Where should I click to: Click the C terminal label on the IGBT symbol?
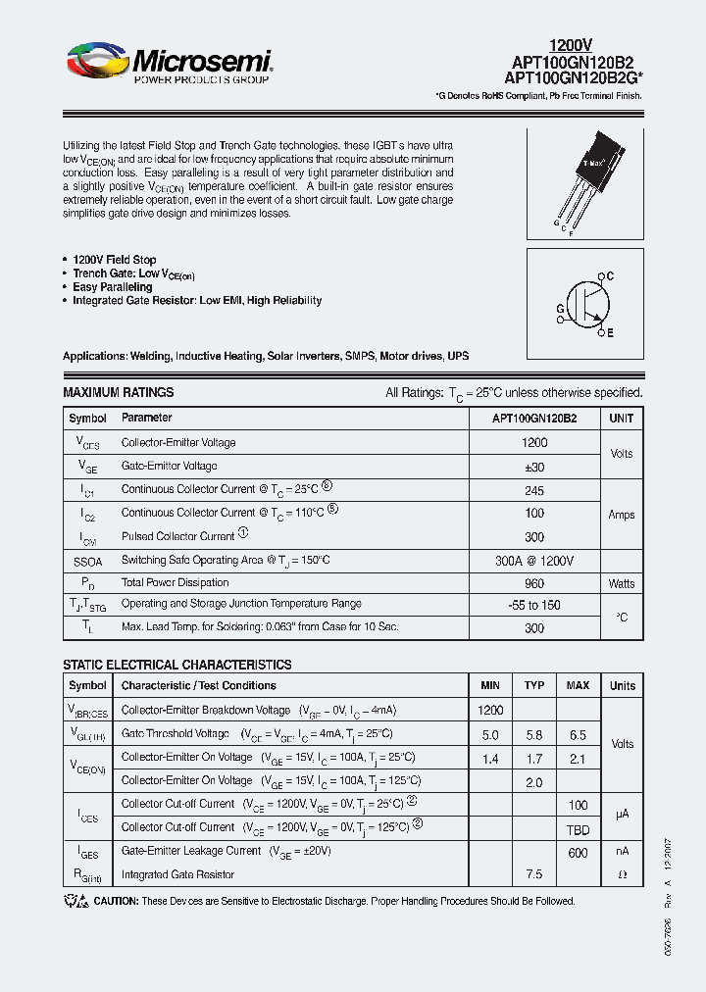[x=610, y=277]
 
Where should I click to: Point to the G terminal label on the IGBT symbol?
[x=560, y=308]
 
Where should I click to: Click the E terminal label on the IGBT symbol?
[x=610, y=334]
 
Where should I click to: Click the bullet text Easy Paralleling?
[x=113, y=287]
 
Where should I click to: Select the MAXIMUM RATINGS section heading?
[x=118, y=392]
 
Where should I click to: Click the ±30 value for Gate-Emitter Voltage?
[x=534, y=467]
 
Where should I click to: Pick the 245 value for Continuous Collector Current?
[x=534, y=489]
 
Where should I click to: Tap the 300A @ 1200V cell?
[x=534, y=560]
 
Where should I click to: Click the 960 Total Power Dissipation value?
[x=534, y=583]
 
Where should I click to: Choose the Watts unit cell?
[x=622, y=583]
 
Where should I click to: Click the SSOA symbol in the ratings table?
[x=87, y=560]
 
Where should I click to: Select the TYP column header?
[x=534, y=685]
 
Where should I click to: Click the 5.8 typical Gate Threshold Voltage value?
[x=534, y=734]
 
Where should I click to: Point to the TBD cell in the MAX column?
[x=578, y=827]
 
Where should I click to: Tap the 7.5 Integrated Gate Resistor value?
[x=534, y=874]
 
